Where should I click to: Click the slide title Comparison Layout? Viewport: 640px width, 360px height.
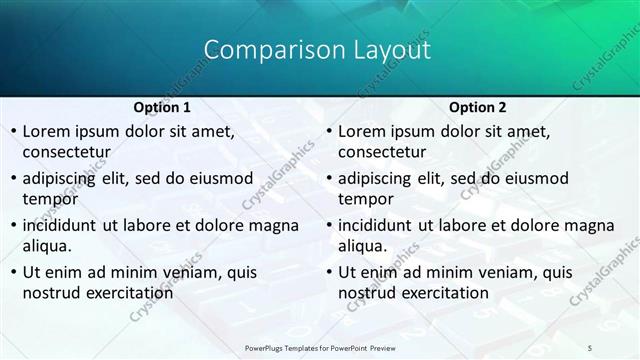317,49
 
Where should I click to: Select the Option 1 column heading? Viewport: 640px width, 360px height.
161,107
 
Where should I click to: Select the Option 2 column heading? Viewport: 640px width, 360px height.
477,107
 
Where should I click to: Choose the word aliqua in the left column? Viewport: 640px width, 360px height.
47,245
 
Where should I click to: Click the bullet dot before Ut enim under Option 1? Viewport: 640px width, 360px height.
12,272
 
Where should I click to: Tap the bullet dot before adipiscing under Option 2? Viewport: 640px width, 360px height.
328,178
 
